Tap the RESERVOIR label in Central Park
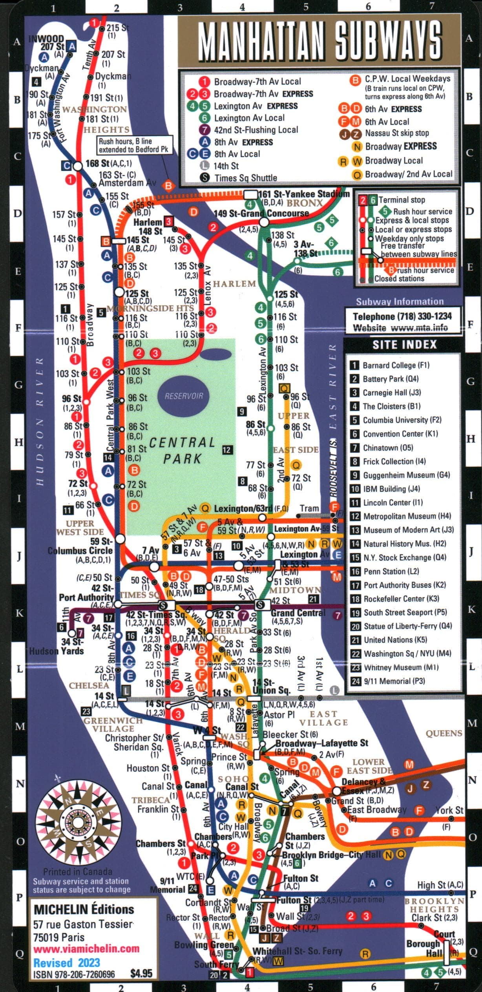point(184,396)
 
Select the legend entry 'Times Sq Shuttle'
point(245,178)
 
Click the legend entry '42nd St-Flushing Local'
point(256,130)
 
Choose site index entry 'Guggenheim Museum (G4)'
point(406,475)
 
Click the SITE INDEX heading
point(404,345)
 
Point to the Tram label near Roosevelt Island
point(309,508)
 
